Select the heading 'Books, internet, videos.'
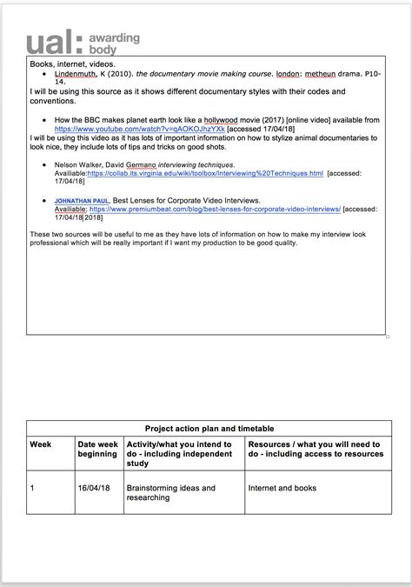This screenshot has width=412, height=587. [x=70, y=64]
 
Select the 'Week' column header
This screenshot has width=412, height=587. [x=41, y=444]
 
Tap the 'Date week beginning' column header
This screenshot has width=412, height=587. [x=97, y=449]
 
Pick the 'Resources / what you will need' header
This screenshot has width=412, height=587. [x=314, y=449]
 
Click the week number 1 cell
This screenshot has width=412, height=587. [x=34, y=489]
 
